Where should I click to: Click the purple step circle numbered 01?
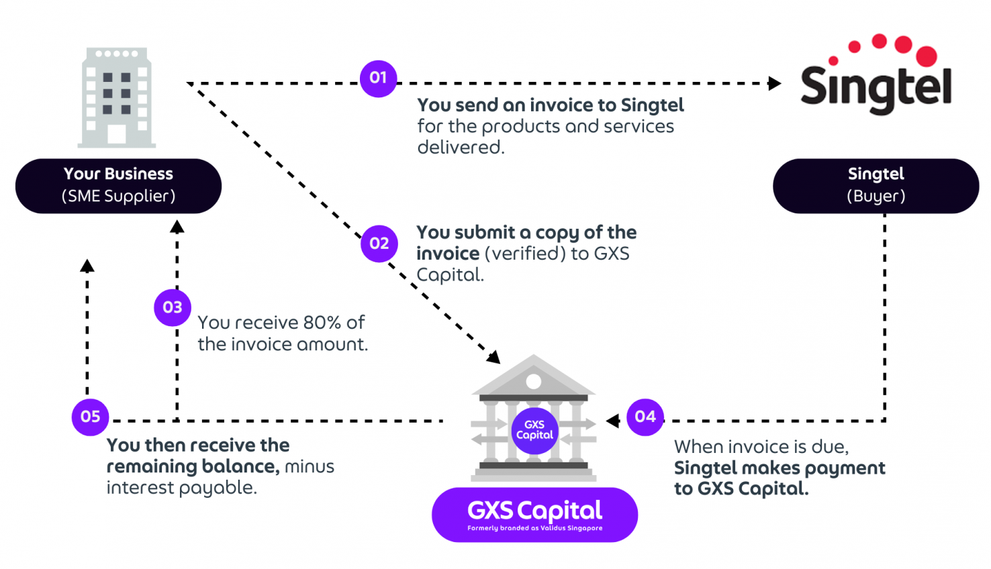[378, 79]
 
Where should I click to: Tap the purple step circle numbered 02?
[379, 244]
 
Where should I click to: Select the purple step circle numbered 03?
[173, 307]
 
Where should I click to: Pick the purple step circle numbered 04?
[645, 417]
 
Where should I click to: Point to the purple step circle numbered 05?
[91, 417]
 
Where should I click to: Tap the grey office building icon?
[117, 97]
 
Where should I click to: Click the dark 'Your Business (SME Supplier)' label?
[118, 186]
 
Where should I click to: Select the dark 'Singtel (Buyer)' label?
[876, 186]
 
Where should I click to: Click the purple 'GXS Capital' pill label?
[534, 515]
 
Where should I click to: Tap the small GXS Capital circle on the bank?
[534, 430]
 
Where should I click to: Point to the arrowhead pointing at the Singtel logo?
[775, 84]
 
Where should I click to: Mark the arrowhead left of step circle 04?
[612, 421]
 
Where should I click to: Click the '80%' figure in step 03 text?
[322, 323]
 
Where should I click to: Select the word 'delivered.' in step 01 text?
[461, 148]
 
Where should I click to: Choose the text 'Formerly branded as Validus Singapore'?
[534, 528]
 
